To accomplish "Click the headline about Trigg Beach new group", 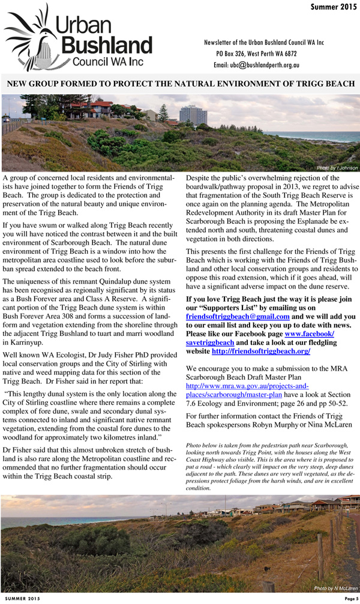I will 180,83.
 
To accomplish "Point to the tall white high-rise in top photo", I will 193,115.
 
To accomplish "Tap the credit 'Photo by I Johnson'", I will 337,167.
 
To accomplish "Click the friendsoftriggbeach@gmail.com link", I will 238,315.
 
